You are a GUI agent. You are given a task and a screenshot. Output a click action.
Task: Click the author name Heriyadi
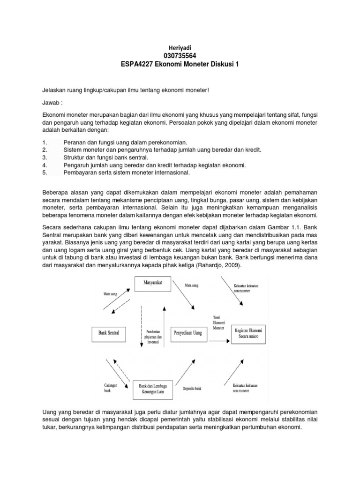point(180,48)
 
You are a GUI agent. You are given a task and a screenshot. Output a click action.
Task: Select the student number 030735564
point(180,56)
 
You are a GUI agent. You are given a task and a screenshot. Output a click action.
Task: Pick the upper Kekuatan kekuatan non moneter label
point(247,287)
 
